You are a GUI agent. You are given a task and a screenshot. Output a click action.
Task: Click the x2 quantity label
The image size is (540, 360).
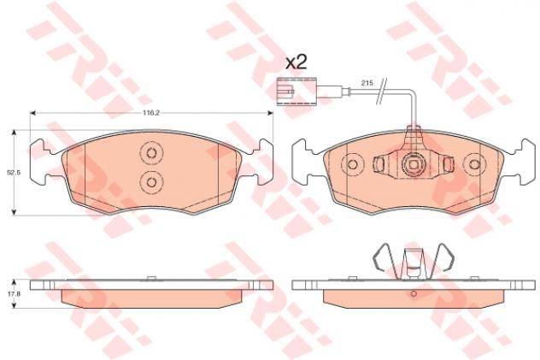[296, 62]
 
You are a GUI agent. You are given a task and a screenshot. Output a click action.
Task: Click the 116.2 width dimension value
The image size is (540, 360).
[151, 112]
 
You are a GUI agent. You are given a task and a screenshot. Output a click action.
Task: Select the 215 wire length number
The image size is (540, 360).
[366, 83]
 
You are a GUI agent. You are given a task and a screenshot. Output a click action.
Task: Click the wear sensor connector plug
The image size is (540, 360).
[285, 91]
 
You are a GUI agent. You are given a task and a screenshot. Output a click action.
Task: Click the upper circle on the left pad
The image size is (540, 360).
[151, 152]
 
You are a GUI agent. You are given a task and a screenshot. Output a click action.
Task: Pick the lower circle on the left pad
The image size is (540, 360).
[151, 181]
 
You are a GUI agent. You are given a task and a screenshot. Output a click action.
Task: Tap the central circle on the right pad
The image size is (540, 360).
[413, 165]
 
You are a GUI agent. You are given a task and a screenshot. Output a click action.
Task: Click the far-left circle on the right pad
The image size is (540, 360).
[352, 165]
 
